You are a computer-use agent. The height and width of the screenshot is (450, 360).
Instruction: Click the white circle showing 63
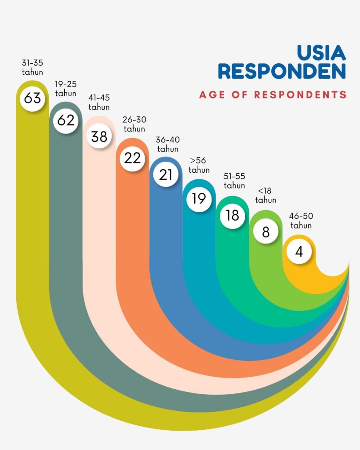32,98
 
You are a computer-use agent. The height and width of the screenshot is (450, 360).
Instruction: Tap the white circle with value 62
66,120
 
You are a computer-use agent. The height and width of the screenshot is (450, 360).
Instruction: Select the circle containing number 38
99,137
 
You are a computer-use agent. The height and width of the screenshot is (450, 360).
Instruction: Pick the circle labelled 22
132,158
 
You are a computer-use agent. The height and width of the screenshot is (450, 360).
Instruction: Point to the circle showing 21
166,174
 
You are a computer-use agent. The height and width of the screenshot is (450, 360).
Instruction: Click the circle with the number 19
199,199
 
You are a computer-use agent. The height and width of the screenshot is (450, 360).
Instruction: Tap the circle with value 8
265,232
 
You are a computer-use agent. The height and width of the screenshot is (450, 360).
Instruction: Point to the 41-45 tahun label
99,102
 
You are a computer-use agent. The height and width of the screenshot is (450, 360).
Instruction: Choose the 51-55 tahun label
234,181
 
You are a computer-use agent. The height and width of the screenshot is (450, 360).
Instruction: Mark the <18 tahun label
265,196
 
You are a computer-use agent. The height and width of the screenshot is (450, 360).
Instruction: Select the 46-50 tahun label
301,221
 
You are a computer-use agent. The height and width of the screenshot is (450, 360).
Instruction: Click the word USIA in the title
321,52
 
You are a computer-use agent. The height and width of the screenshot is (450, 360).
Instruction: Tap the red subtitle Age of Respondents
273,94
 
